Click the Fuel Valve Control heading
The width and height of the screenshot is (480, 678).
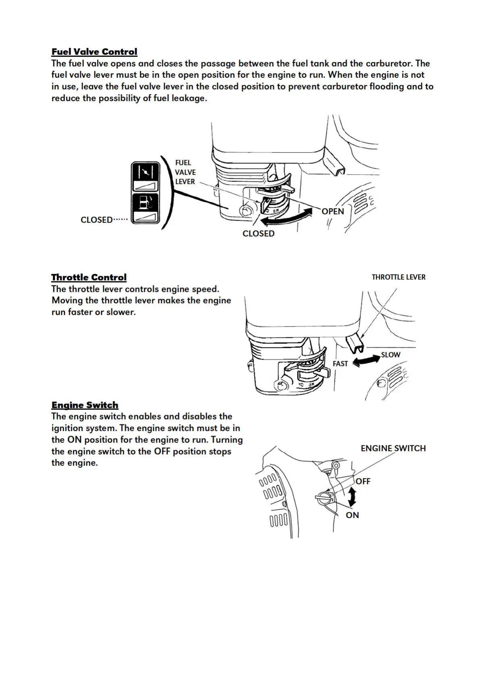point(94,52)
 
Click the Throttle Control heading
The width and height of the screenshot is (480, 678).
point(89,277)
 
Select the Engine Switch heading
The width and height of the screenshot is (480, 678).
point(85,405)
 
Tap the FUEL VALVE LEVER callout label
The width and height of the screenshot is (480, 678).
point(185,172)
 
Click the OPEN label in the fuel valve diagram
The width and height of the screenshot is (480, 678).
point(333,211)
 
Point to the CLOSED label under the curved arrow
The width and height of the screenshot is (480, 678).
point(258,234)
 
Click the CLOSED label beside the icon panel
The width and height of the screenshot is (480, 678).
point(97,220)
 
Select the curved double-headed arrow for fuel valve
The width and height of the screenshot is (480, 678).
point(287,217)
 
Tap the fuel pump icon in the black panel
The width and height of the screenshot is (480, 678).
point(145,202)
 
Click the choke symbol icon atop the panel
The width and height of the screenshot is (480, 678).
point(145,172)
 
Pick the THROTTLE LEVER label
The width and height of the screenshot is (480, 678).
point(398,277)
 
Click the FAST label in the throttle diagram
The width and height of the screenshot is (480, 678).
point(340,364)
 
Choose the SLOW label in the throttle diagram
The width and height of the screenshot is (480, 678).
point(391,355)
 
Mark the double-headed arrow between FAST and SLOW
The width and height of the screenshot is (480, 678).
point(366,360)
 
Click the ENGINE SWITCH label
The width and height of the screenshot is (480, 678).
point(393,449)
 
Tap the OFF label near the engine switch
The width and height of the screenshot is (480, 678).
point(363,481)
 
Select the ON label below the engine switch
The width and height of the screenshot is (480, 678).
point(352,515)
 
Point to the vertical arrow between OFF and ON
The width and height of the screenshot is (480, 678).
point(352,497)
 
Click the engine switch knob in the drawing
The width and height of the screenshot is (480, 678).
point(325,498)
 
